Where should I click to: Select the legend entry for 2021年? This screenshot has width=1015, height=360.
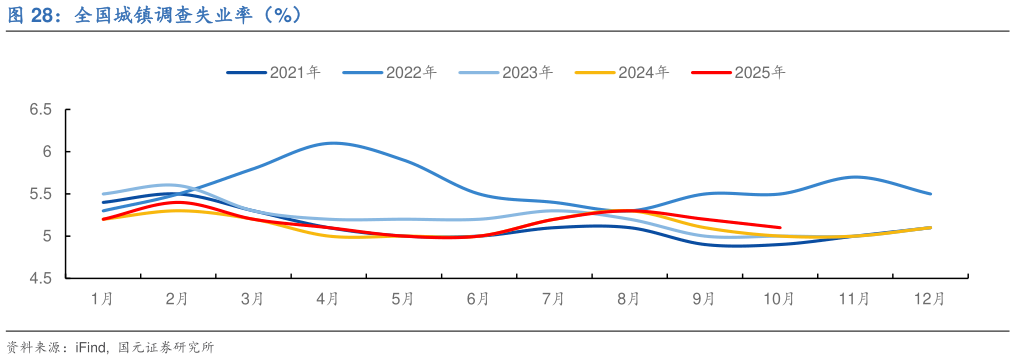(274, 72)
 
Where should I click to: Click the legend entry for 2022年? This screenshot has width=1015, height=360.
(390, 72)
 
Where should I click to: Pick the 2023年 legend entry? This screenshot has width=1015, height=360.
(506, 72)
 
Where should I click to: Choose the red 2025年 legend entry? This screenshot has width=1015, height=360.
(738, 72)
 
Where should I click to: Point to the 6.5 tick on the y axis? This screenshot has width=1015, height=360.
(39, 110)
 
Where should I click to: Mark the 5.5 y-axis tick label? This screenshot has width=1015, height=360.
(39, 194)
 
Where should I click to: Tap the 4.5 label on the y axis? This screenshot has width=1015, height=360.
(39, 279)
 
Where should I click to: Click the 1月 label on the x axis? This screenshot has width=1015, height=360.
(102, 298)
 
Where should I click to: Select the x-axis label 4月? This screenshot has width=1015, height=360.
(328, 298)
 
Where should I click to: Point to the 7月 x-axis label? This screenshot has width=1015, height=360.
(554, 298)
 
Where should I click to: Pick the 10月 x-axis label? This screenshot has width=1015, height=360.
(779, 298)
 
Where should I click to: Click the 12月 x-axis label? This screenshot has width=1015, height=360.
(930, 298)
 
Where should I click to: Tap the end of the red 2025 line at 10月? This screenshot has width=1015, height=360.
(780, 227)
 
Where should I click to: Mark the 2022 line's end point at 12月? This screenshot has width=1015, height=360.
(931, 194)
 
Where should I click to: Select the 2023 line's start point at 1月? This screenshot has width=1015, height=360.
(103, 194)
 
